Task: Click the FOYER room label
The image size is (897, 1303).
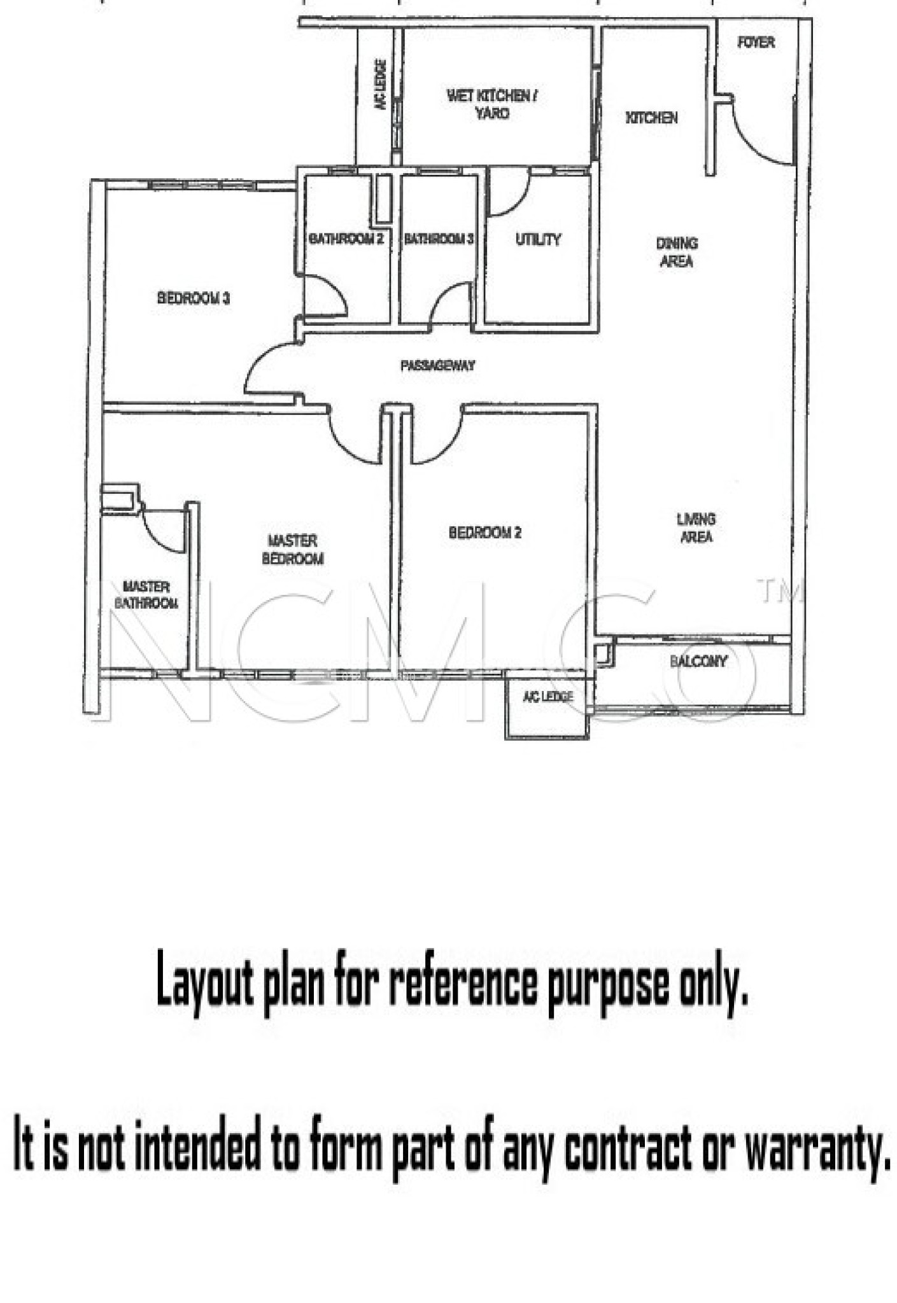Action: [756, 43]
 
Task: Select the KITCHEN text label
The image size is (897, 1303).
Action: [651, 118]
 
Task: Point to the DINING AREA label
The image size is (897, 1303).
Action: [676, 252]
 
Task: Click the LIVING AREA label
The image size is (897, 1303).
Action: [696, 528]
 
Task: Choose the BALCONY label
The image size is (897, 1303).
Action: [698, 662]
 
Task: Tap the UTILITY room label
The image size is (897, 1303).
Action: [538, 240]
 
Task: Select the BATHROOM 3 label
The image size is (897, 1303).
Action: [439, 239]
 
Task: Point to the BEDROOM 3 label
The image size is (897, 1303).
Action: [193, 298]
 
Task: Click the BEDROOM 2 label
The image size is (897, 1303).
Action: [484, 533]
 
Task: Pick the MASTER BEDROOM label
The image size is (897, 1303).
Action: [292, 550]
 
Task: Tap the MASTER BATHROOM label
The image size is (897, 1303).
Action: [146, 595]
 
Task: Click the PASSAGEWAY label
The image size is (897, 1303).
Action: [437, 366]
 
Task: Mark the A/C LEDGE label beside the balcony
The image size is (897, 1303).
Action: [547, 697]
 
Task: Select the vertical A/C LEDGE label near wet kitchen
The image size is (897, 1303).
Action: [381, 85]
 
